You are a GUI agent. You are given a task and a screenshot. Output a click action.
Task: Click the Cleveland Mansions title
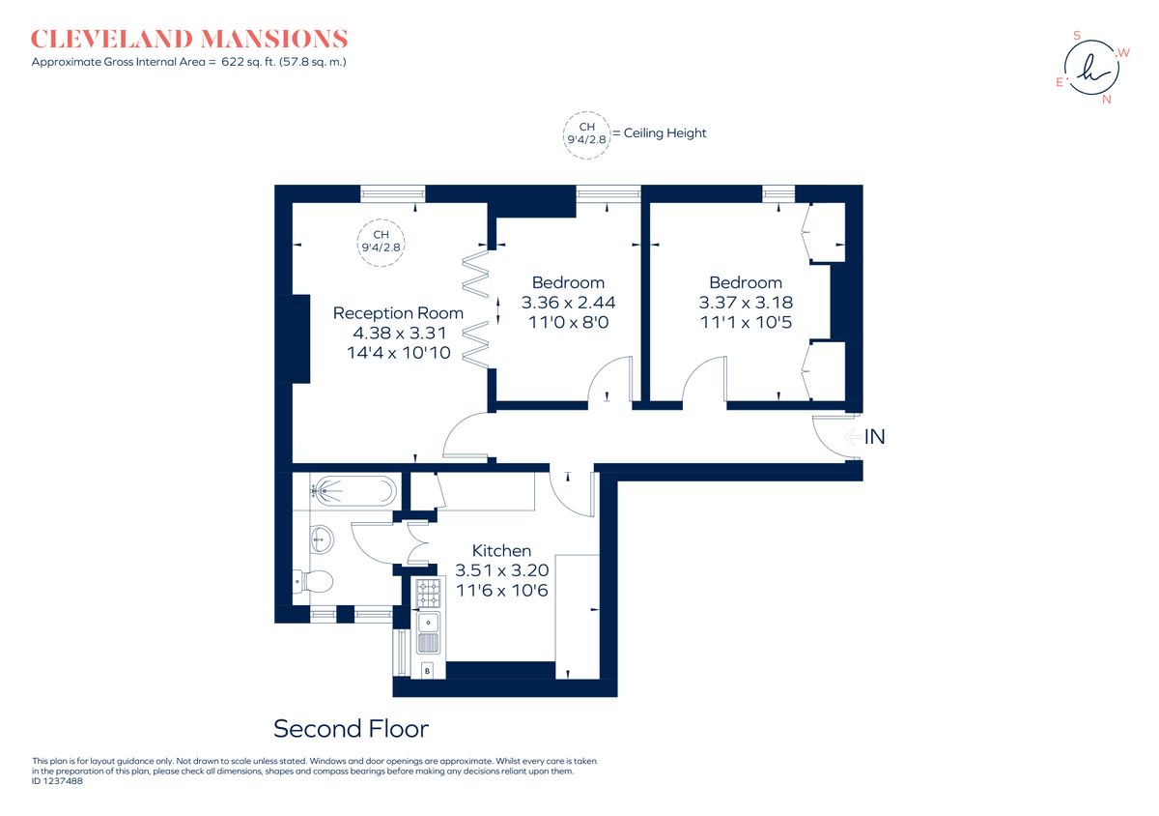(x=189, y=40)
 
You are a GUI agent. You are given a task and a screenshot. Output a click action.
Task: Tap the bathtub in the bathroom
(x=353, y=491)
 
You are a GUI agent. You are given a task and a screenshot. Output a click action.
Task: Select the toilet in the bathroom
(x=314, y=581)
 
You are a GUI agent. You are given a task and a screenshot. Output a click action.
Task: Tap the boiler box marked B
(x=428, y=670)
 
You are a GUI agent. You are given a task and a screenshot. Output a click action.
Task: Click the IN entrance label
(x=874, y=437)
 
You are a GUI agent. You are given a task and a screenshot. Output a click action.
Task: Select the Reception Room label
(x=398, y=313)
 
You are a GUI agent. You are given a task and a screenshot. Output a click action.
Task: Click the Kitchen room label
(x=501, y=550)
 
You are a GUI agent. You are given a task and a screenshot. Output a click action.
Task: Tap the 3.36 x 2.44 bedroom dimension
(x=568, y=303)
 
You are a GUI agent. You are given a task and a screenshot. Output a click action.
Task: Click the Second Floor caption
(x=351, y=728)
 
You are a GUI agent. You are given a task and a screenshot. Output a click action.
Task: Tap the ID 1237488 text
(x=58, y=781)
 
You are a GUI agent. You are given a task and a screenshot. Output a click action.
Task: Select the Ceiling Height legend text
(x=664, y=133)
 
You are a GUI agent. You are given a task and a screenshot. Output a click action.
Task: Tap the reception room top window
(x=392, y=194)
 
